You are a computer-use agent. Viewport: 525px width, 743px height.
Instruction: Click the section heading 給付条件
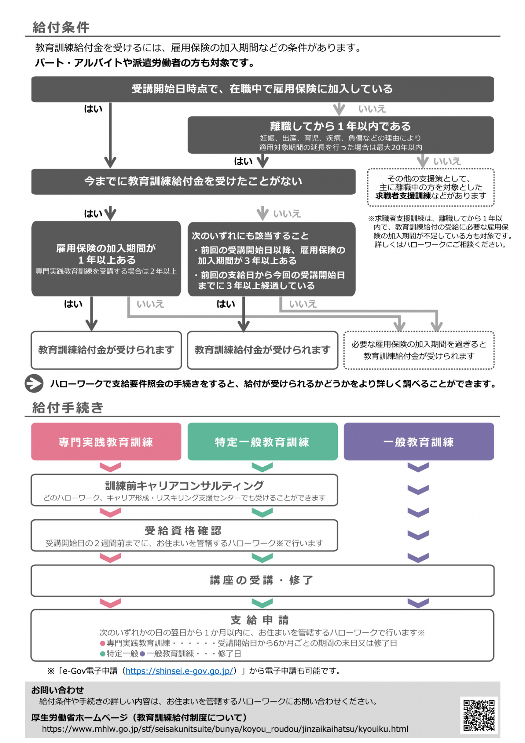tap(61, 27)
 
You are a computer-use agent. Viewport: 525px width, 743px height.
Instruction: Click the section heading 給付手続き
tap(68, 407)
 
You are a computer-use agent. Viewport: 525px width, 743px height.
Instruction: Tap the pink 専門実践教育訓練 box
tap(106, 442)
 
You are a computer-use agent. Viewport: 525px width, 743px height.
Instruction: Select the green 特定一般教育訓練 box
tap(262, 442)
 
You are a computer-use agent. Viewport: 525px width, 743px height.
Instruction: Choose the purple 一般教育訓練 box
tap(419, 442)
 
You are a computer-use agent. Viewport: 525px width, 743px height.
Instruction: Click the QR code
tap(479, 715)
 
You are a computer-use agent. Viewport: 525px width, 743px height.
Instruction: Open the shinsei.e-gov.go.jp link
tap(180, 671)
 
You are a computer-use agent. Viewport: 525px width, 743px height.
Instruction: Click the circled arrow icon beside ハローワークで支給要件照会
tap(34, 383)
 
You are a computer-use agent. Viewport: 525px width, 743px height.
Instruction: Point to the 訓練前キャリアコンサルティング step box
tap(184, 490)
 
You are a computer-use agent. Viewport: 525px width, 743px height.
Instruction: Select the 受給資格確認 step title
tap(183, 530)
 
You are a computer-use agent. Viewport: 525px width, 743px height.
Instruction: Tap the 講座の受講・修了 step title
tap(262, 580)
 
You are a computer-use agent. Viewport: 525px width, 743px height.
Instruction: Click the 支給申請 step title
tap(260, 620)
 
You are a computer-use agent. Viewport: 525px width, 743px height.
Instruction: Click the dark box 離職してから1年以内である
tap(340, 135)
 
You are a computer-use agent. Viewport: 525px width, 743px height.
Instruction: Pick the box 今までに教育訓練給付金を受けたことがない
tap(193, 181)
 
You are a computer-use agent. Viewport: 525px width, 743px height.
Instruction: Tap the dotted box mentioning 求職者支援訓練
tap(431, 187)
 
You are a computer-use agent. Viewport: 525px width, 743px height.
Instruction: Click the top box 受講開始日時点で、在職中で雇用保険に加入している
tap(262, 89)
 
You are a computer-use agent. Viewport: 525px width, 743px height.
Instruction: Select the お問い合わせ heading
tap(58, 690)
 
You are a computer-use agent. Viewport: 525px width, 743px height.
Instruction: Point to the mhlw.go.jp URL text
tap(225, 729)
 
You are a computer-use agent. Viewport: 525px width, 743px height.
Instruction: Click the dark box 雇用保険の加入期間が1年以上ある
tap(106, 259)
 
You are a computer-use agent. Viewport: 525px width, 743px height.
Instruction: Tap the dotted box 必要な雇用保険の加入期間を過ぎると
tap(419, 350)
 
